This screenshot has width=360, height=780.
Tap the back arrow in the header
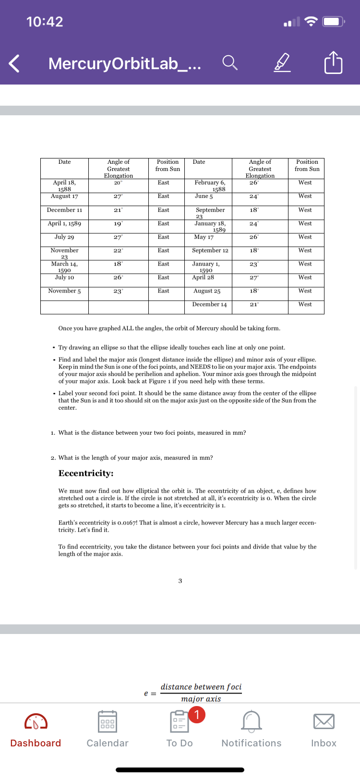[14, 63]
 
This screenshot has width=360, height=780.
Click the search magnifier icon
[229, 62]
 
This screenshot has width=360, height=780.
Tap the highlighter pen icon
[282, 62]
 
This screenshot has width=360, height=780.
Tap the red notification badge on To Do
[197, 715]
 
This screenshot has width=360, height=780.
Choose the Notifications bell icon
[252, 721]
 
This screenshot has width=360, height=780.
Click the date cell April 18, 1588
[64, 185]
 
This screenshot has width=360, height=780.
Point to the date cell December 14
[209, 305]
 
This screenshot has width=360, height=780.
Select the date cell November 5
[64, 291]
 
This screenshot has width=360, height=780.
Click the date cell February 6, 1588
[210, 185]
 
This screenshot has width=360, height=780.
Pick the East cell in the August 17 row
[163, 196]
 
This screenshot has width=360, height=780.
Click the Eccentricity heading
[86, 473]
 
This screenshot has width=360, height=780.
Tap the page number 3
[180, 581]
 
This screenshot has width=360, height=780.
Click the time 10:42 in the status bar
[45, 22]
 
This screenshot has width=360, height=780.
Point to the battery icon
[333, 22]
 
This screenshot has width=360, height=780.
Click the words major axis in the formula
[201, 699]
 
